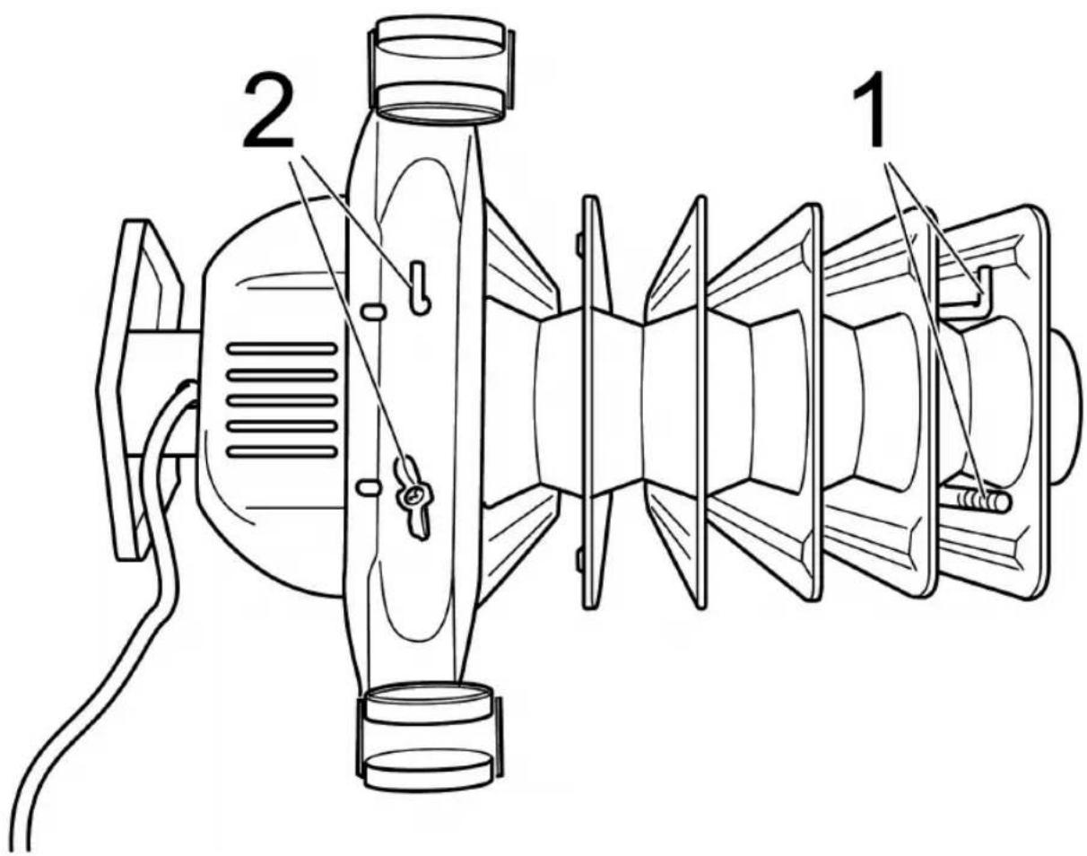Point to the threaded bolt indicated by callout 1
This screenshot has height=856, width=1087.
982,499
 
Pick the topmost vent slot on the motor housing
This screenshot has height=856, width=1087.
281,347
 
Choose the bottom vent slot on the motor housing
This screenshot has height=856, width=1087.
281,451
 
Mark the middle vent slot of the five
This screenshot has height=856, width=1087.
281,399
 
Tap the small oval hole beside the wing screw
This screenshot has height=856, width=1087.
368,486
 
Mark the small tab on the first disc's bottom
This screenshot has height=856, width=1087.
580,561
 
